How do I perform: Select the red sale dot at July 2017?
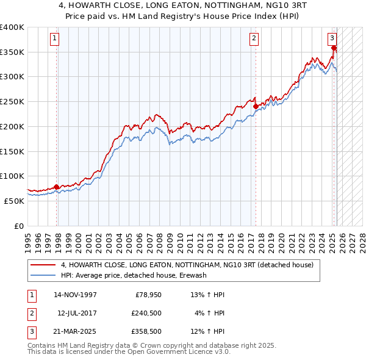click(256, 106)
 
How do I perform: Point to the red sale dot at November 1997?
click(57, 187)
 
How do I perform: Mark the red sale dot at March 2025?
click(334, 48)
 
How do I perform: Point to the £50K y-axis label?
click(15, 201)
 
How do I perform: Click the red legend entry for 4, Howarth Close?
click(187, 265)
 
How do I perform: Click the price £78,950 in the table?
click(146, 295)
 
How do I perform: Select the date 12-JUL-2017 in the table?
click(77, 313)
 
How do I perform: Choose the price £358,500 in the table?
click(146, 331)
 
